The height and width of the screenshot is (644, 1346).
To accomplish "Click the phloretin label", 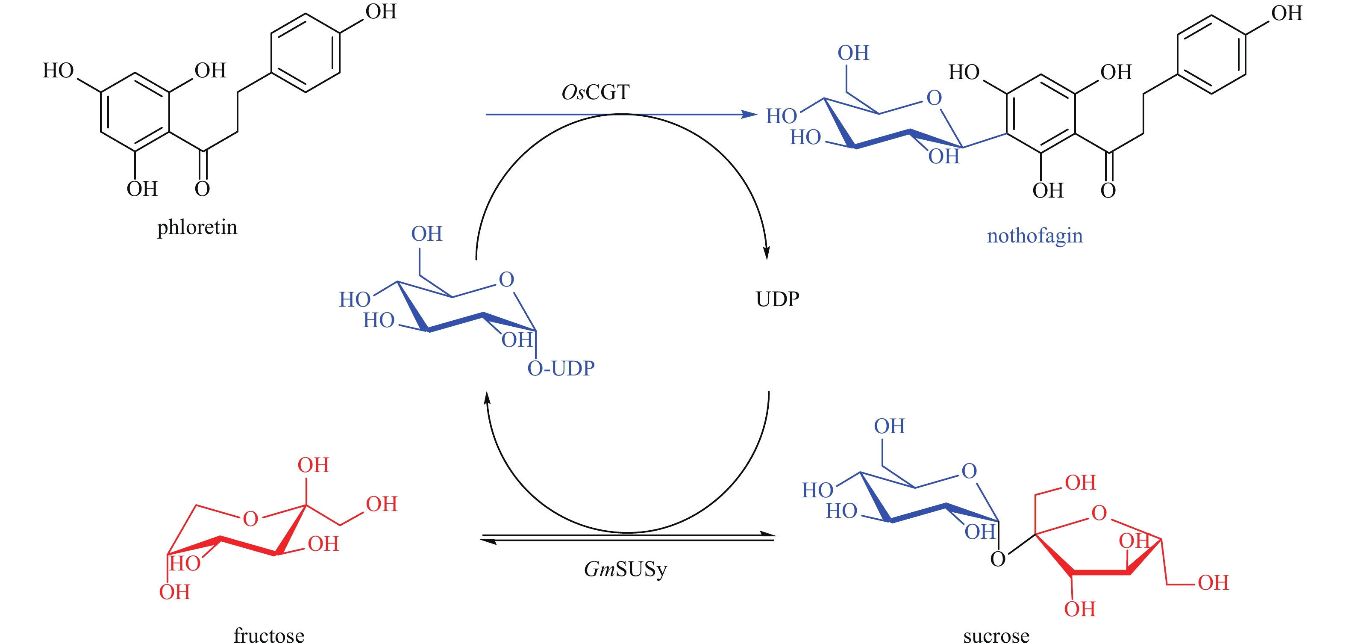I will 197,227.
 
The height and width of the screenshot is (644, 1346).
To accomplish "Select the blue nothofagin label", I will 1034,236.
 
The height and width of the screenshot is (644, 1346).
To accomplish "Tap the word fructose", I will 269,635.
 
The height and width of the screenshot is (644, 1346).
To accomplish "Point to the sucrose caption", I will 996,635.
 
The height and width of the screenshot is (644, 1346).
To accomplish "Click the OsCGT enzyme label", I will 595,92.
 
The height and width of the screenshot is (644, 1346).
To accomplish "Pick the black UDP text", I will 777,299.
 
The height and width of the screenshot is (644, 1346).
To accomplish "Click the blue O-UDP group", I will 560,369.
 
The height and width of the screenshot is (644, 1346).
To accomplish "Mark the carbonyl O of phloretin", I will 202,189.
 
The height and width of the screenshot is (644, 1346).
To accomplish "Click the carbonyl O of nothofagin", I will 1108,190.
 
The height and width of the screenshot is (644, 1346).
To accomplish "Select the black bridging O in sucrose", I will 997,559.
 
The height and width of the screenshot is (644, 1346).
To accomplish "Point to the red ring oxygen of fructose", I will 250,519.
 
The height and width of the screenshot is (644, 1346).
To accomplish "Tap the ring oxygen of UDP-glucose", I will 506,280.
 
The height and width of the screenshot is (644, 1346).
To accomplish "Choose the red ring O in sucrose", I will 1099,513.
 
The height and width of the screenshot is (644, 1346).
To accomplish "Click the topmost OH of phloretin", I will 380,12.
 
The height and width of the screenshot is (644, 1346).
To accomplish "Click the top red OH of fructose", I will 313,465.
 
